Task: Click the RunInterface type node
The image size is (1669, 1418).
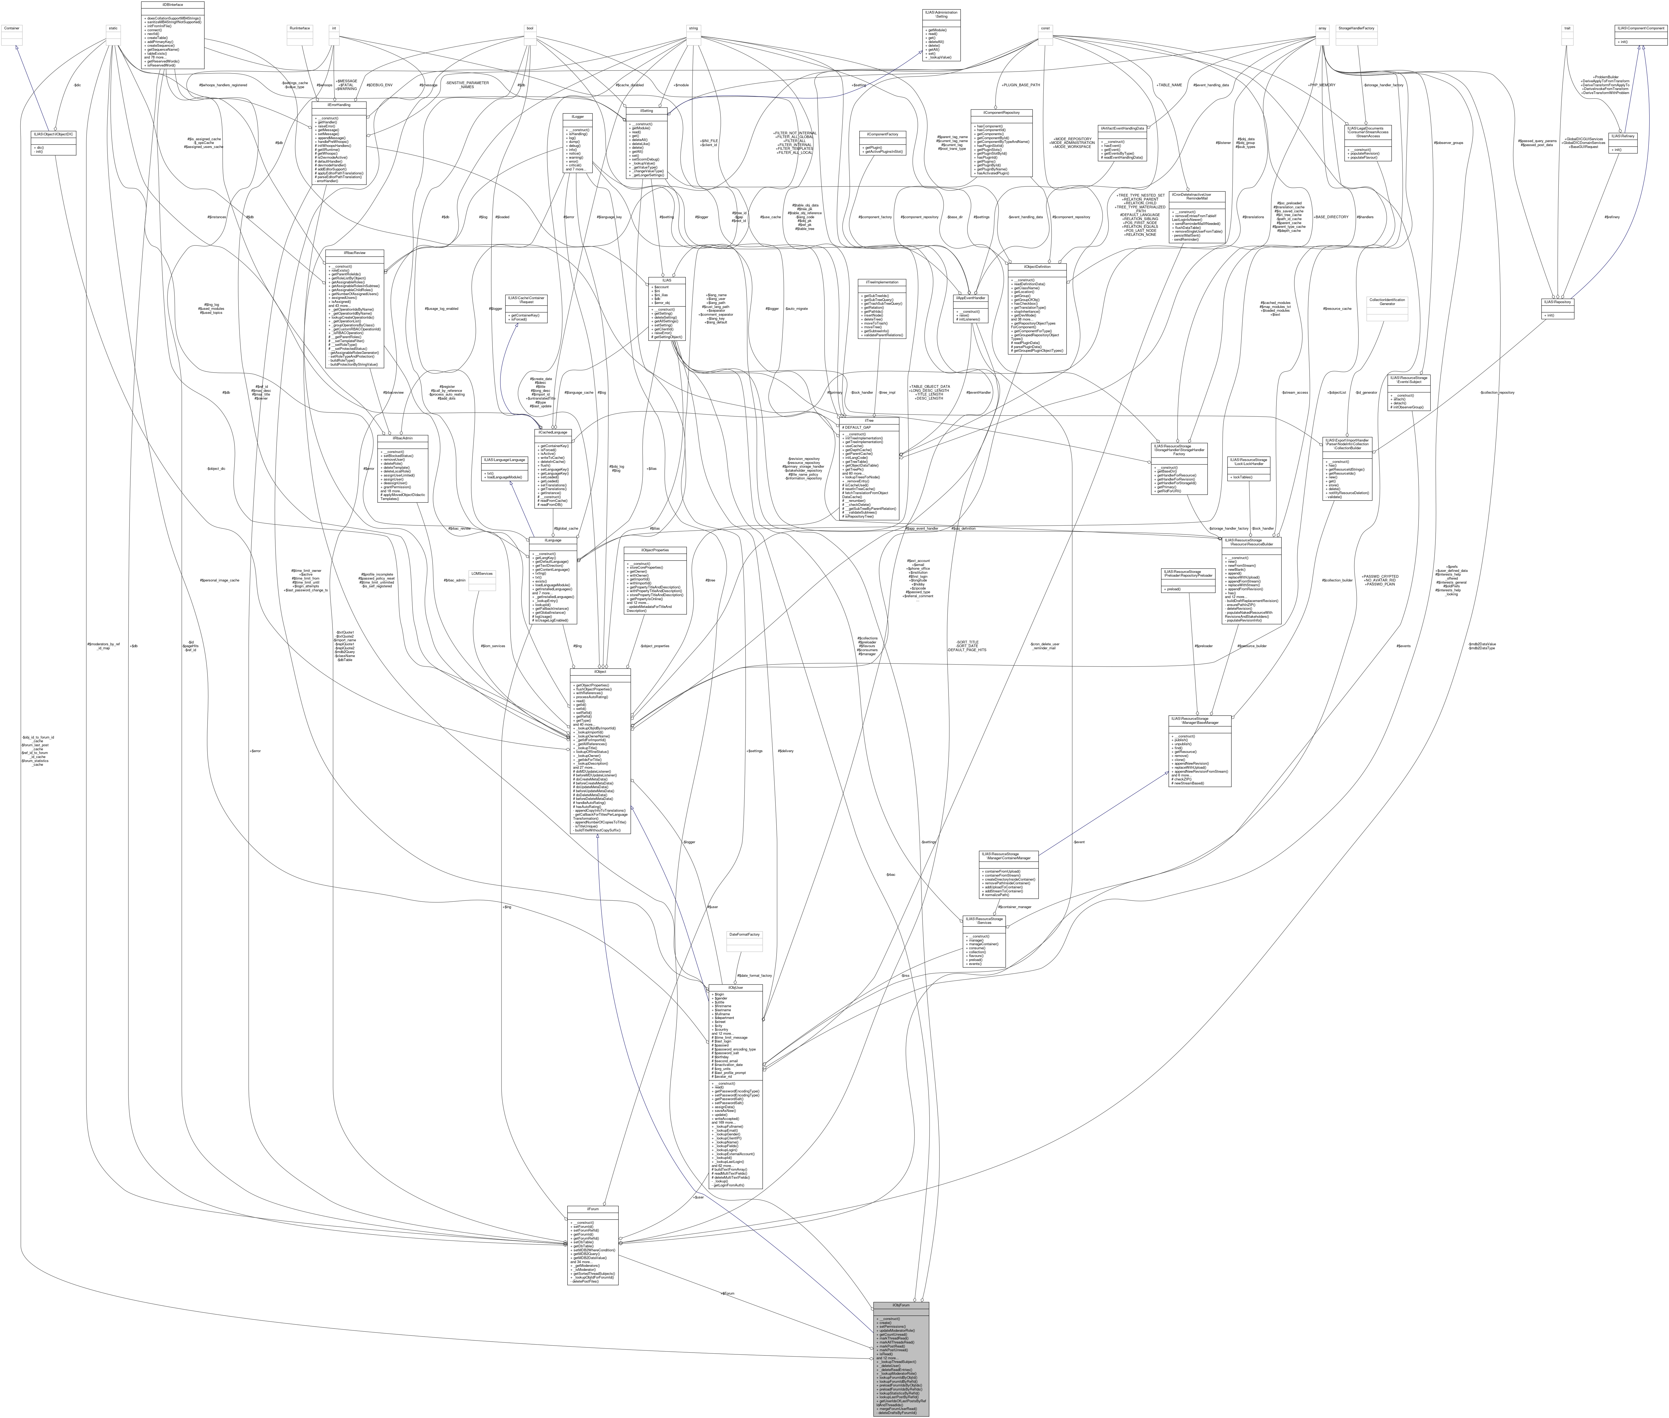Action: tap(300, 28)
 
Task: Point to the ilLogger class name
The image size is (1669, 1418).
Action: tap(577, 116)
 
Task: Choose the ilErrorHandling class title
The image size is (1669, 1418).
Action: tap(340, 104)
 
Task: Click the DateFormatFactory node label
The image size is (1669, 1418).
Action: tap(743, 934)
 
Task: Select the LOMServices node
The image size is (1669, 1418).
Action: tap(482, 573)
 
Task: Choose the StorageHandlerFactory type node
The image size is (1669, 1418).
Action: tap(1355, 28)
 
